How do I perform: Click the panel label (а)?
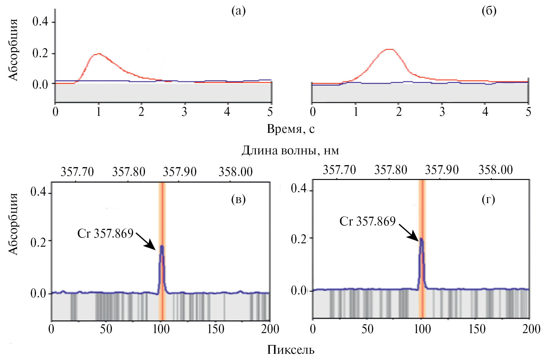(x=238, y=11)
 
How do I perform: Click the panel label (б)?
(x=489, y=11)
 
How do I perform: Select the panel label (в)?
(x=238, y=199)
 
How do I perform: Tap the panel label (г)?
(x=488, y=199)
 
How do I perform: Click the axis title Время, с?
(x=290, y=129)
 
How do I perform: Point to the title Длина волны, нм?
(x=290, y=150)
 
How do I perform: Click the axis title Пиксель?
(x=291, y=350)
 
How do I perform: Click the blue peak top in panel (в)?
(x=162, y=246)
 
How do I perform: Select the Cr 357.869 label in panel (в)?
(x=105, y=233)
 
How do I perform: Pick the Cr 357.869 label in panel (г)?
(x=367, y=221)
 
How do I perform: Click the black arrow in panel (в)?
(x=146, y=242)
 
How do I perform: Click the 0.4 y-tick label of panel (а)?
(x=40, y=22)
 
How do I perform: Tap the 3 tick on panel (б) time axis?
(x=442, y=112)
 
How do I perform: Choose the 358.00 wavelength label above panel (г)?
(x=495, y=170)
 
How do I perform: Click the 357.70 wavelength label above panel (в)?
(x=77, y=172)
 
